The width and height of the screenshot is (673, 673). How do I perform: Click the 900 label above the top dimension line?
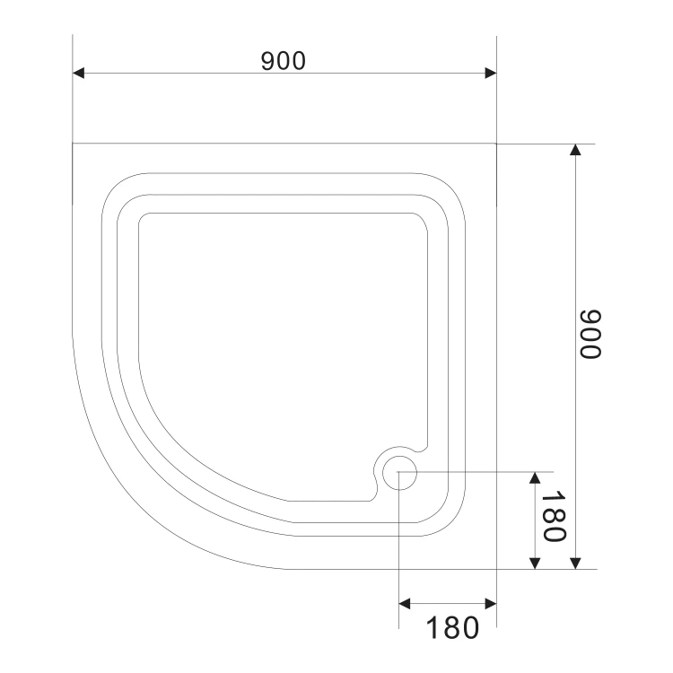284,60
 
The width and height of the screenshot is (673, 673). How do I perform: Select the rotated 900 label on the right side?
590,334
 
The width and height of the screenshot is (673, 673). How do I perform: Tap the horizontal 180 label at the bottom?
452,628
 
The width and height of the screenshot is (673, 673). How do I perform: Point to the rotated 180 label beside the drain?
555,516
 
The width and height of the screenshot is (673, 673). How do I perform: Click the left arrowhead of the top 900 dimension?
78,73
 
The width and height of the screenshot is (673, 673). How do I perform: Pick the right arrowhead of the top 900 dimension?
491,73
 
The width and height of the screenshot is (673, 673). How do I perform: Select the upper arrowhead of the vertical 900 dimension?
575,149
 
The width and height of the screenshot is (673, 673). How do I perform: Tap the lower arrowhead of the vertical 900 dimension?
575,564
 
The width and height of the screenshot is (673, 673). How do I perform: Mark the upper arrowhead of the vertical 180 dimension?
535,477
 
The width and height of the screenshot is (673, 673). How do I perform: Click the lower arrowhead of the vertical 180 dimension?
535,564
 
